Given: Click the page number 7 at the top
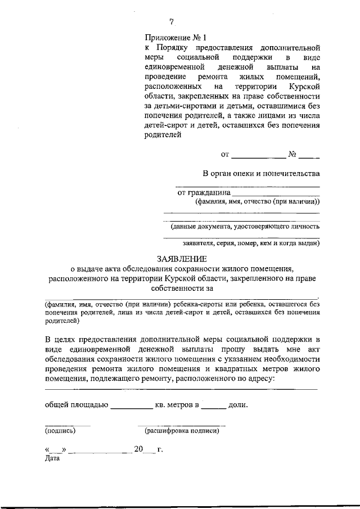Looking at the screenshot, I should (173, 22).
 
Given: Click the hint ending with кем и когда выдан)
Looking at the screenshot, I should (251, 244).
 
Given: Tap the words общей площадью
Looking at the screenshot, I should (76, 404).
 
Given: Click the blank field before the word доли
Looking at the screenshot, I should (214, 406).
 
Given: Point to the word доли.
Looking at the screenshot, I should (238, 404).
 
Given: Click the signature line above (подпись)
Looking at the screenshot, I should (67, 425).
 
